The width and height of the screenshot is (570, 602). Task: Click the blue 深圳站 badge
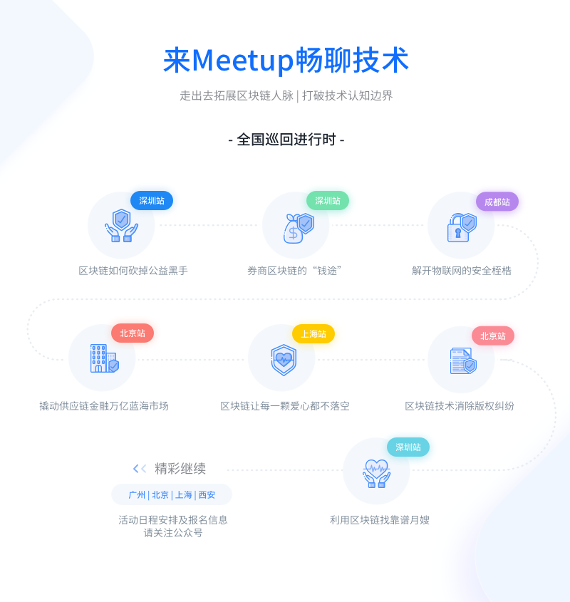point(152,200)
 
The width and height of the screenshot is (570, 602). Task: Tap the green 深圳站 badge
point(328,200)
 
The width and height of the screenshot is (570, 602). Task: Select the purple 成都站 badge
point(497,202)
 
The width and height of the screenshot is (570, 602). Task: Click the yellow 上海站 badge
point(313,333)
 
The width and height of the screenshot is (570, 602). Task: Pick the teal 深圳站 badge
point(408,447)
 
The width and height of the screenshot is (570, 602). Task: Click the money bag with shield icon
point(299,229)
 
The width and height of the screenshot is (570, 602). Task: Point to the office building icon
point(105,358)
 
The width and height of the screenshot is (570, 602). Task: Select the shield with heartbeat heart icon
point(284,360)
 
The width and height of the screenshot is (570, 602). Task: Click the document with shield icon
point(463,360)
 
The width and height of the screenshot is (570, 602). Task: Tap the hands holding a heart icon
point(376,473)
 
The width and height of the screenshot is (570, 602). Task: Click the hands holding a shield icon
point(121,226)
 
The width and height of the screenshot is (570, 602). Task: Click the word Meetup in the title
point(243,61)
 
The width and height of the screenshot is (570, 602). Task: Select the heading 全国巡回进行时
point(286,140)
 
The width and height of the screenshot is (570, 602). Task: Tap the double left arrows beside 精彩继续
point(140,468)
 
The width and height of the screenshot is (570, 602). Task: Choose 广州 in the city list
point(137,495)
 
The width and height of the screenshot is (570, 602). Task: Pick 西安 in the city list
point(207,495)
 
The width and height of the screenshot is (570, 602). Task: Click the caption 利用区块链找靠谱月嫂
point(380,520)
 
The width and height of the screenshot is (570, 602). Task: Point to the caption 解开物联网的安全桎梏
point(461,271)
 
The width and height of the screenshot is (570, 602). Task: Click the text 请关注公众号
point(173,533)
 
